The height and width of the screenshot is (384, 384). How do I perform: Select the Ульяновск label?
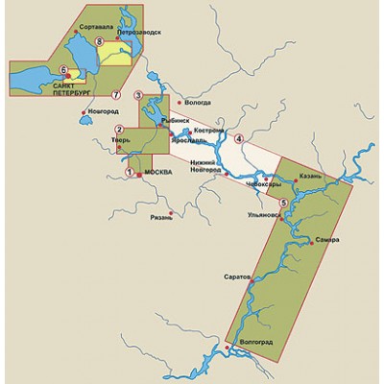(x=263, y=216)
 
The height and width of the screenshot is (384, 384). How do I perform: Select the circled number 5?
(x=282, y=204)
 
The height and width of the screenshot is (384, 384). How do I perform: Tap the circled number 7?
(x=115, y=94)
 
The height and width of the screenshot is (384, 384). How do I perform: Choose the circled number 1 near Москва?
(x=130, y=173)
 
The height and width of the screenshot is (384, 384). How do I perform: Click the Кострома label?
(x=208, y=130)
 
